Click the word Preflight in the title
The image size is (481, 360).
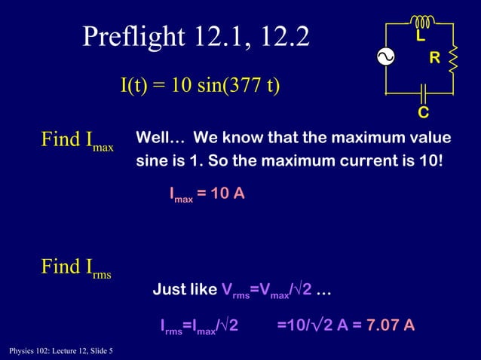click(x=135, y=36)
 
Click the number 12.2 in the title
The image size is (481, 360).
click(x=279, y=36)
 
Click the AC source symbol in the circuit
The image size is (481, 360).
click(x=386, y=57)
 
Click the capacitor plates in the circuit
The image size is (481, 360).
click(x=423, y=93)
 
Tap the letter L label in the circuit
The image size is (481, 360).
click(x=421, y=36)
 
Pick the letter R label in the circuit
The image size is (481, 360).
click(x=434, y=58)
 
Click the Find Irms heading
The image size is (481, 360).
click(x=75, y=267)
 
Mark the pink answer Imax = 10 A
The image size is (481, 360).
click(x=207, y=194)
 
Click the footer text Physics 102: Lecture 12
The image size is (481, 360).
click(x=57, y=350)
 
